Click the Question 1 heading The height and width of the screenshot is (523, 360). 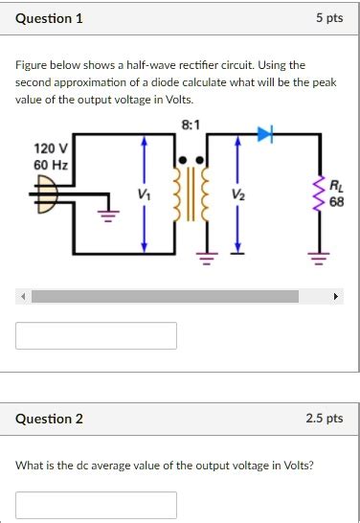50,18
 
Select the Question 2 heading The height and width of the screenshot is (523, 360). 50,419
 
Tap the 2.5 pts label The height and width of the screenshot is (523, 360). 326,419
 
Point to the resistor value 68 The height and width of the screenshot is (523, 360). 336,202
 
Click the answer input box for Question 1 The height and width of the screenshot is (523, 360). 96,335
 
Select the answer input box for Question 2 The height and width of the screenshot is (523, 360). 96,505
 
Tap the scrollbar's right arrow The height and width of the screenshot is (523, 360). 336,297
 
